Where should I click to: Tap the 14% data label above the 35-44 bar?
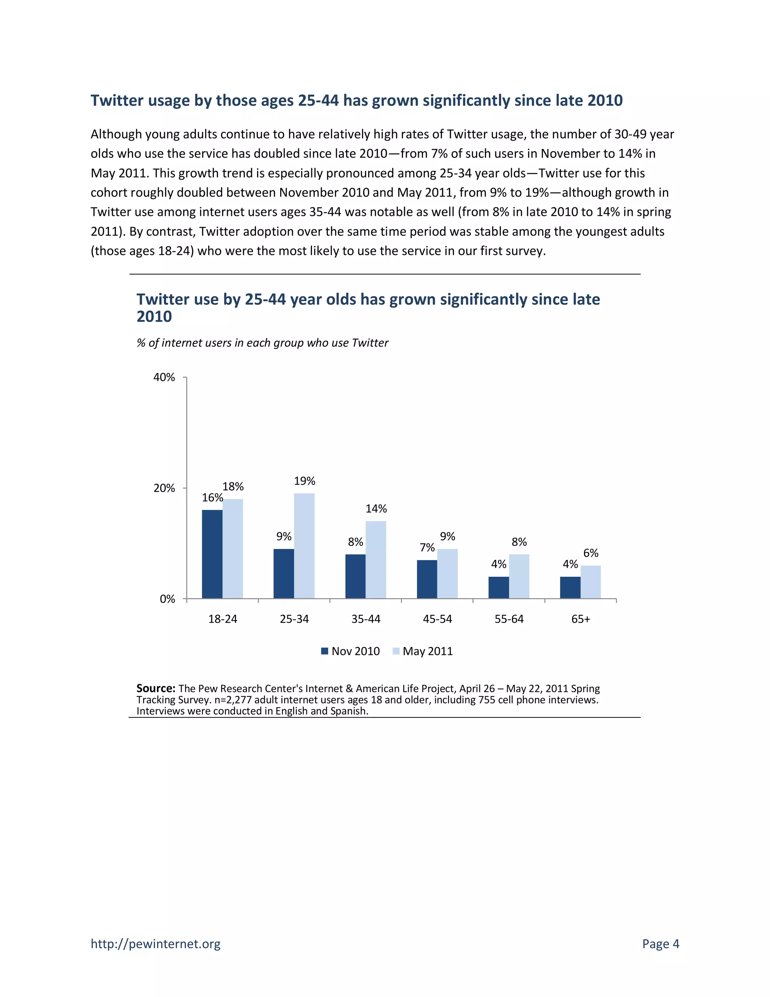click(x=376, y=509)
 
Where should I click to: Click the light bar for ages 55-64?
click(x=519, y=576)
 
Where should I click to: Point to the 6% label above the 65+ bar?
click(x=591, y=553)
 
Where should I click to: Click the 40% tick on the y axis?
click(x=164, y=377)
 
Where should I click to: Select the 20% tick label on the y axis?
click(x=164, y=488)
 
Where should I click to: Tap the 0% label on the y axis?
click(x=167, y=599)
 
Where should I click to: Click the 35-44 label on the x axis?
click(x=366, y=619)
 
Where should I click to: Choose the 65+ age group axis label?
click(x=581, y=619)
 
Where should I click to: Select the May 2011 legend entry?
click(x=423, y=651)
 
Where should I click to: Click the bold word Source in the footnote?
click(x=156, y=688)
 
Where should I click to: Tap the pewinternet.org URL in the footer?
click(x=156, y=944)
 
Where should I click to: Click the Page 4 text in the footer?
click(x=661, y=944)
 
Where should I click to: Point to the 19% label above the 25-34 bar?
click(x=304, y=481)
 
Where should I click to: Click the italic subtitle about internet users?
click(x=262, y=343)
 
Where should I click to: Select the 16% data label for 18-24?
click(x=212, y=498)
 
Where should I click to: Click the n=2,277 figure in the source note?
click(x=233, y=700)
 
